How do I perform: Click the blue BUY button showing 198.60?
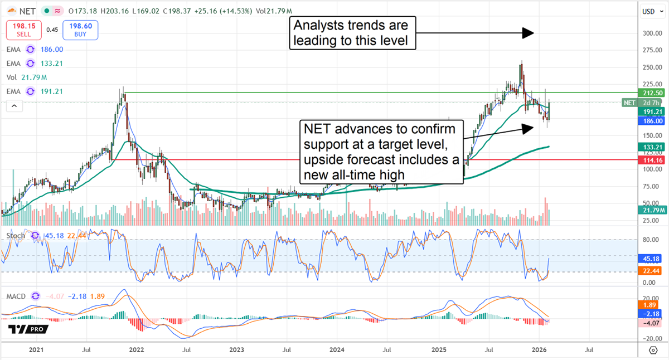80,30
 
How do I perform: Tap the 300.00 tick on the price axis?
649,33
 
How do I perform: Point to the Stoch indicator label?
16,236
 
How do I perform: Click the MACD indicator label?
16,296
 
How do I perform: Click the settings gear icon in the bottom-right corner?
653,350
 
